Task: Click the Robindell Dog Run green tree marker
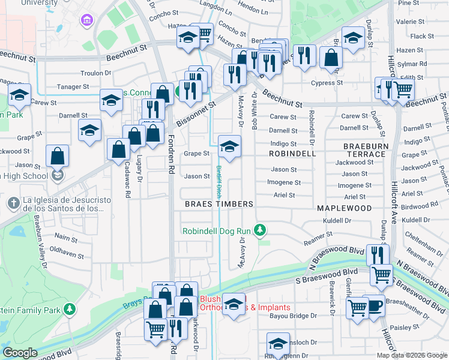[x=260, y=230]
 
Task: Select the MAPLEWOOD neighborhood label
[x=344, y=208]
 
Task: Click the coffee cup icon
[x=375, y=305]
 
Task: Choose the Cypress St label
[x=330, y=83]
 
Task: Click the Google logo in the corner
[x=20, y=353]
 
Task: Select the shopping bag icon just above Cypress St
[x=331, y=58]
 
